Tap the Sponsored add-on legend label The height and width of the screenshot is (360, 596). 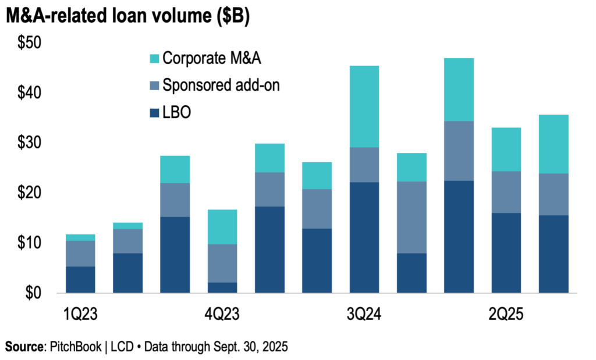click(221, 85)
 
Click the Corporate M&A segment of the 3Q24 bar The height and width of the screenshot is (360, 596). click(364, 106)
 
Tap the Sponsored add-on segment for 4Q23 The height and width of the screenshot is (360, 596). click(222, 263)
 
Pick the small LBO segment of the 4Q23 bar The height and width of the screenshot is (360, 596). click(222, 287)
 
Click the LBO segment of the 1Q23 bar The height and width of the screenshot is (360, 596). click(80, 279)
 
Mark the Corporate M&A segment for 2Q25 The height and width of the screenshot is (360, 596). click(506, 149)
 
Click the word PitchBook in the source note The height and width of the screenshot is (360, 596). click(76, 347)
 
